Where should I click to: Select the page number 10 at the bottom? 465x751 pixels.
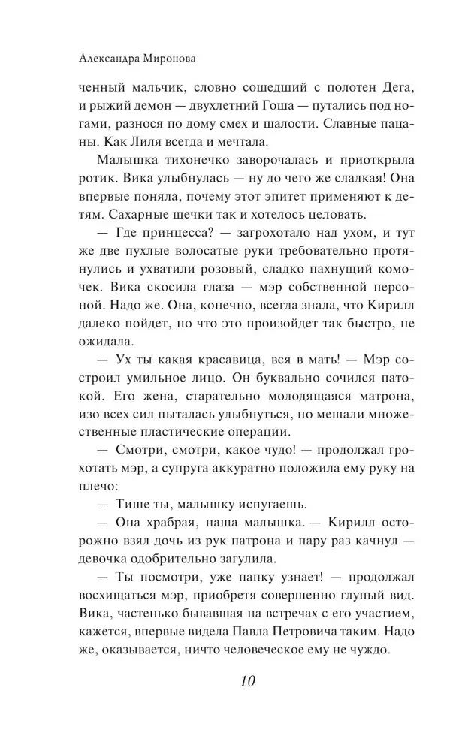coord(248,683)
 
